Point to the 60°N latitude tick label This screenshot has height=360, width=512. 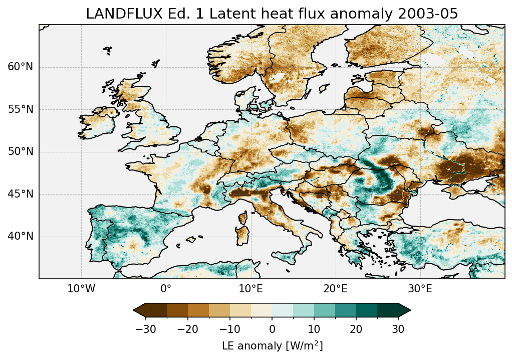pos(21,67)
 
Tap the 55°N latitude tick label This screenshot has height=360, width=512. pos(21,109)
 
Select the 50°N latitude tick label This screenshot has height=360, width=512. pos(21,152)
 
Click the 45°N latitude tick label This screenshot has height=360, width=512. pos(21,194)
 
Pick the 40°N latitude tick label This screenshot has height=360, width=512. pos(21,236)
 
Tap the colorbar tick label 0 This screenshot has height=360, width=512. pos(272,329)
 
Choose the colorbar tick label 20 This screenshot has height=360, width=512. pos(356,329)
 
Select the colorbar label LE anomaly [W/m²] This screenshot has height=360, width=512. pos(272,346)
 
